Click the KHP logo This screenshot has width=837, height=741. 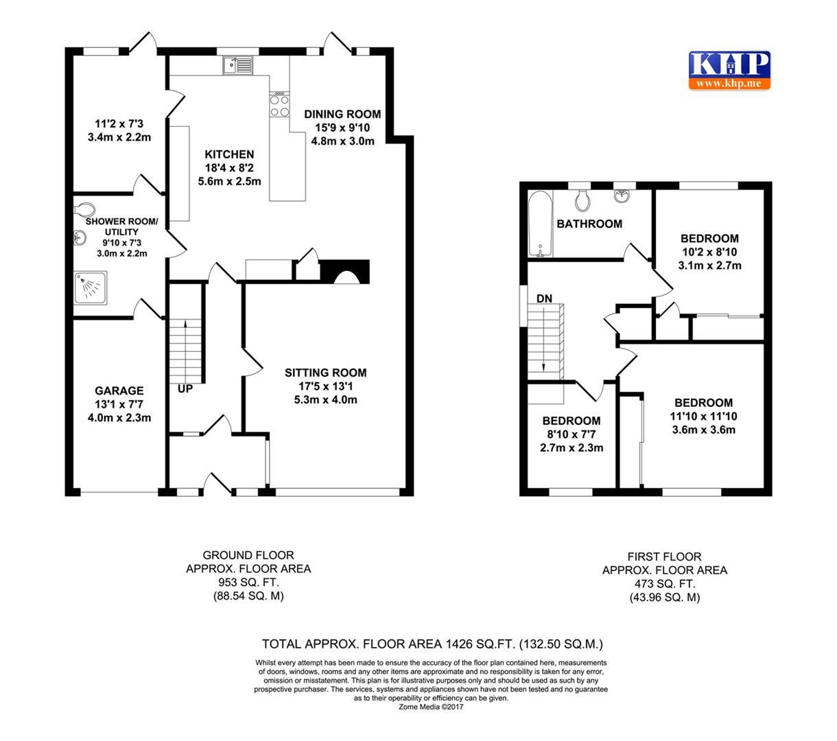(729, 70)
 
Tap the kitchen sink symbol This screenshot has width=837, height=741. (238, 66)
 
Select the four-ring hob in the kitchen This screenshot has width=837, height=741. (279, 104)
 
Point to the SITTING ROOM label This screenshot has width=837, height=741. (326, 373)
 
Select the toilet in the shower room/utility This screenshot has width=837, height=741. (83, 207)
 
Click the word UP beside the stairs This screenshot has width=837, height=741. (185, 388)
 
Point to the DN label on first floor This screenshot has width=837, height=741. (544, 298)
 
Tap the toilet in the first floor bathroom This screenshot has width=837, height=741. (583, 200)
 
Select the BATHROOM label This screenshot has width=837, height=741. (589, 224)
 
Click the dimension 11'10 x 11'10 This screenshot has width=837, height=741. (703, 416)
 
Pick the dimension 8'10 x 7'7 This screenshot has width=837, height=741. (571, 434)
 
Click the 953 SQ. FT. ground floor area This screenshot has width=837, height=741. (248, 583)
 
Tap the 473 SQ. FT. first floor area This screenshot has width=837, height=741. (664, 584)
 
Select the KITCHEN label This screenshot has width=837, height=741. (229, 155)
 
